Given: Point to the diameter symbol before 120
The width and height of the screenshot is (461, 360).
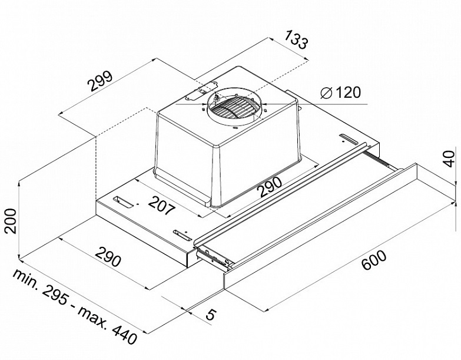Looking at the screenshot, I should click(327, 93).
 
